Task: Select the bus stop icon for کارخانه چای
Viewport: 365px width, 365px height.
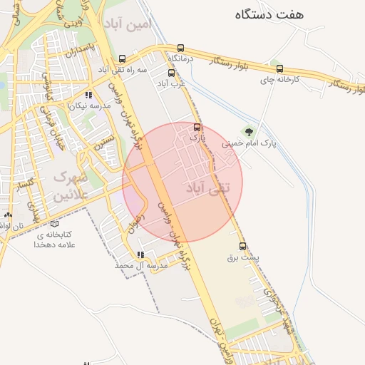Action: (x=279, y=69)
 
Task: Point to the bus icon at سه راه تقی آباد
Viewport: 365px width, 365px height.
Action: (x=122, y=59)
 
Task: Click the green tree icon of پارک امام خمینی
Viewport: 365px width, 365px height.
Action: (x=248, y=130)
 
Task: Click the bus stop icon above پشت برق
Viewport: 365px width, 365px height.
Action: (x=243, y=247)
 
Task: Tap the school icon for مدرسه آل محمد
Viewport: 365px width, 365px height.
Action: (x=140, y=255)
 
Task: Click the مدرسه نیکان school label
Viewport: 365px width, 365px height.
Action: (x=88, y=106)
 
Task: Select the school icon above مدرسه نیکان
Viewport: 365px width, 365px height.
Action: (x=88, y=95)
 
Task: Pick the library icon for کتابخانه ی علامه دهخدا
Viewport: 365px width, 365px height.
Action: (x=55, y=224)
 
